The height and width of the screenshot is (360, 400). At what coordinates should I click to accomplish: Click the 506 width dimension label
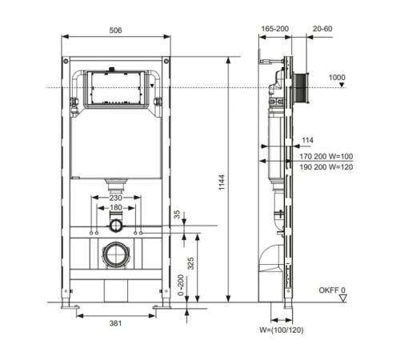[x=115, y=30]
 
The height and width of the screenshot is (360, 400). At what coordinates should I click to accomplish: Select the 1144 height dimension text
[x=222, y=182]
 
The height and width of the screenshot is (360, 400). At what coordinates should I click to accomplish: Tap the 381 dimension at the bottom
[x=115, y=323]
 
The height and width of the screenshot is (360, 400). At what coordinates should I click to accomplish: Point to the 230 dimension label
[x=116, y=198]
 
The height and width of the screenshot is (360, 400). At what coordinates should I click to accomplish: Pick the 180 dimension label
[x=116, y=207]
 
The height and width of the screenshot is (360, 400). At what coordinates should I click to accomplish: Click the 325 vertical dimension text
[x=190, y=263]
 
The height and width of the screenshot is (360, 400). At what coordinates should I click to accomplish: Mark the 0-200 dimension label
[x=181, y=285]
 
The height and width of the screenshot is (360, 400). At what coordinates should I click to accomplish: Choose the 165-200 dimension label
[x=275, y=29]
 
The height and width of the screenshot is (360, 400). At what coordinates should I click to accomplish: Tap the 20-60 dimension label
[x=322, y=29]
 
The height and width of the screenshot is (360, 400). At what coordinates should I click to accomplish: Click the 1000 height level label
[x=337, y=78]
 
